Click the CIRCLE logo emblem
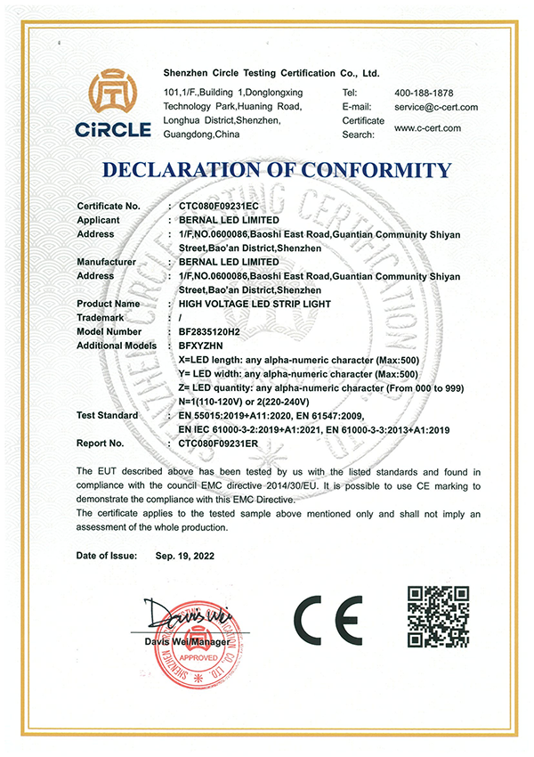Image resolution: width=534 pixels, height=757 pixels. click(118, 93)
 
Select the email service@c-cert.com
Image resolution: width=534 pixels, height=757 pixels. click(436, 107)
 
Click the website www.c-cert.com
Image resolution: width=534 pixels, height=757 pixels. click(427, 128)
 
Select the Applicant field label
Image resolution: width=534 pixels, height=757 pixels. click(99, 219)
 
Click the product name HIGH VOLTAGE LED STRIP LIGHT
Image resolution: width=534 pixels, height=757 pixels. click(255, 304)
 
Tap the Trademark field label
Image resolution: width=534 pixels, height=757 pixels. click(100, 318)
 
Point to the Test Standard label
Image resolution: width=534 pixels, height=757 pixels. click(108, 416)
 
